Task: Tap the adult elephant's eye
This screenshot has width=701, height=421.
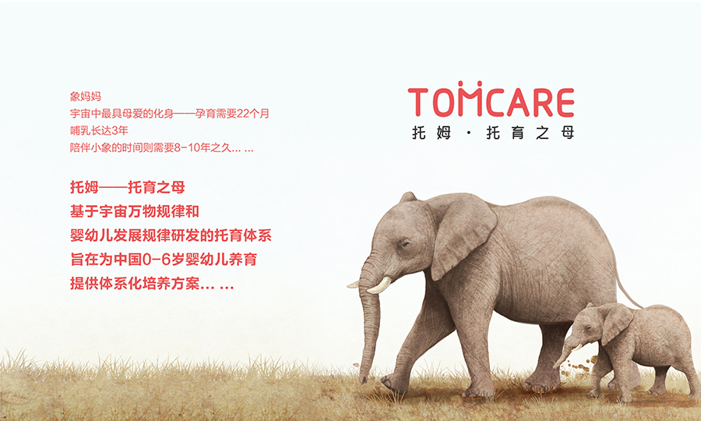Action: (x=405, y=244)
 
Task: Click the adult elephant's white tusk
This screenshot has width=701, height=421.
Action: (x=379, y=286)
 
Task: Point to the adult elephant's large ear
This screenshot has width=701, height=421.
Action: (x=463, y=235)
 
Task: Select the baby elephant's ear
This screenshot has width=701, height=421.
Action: (x=616, y=323)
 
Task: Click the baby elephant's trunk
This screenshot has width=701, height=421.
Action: (x=564, y=352)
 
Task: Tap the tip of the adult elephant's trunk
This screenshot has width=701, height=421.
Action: (x=364, y=378)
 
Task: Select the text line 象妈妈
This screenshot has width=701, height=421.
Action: (x=86, y=96)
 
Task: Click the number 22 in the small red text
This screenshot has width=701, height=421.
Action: (x=243, y=114)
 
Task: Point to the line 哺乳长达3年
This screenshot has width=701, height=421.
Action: (x=99, y=131)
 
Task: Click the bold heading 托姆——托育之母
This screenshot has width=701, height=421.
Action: (x=128, y=187)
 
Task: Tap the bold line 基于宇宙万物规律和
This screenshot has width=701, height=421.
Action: (x=135, y=211)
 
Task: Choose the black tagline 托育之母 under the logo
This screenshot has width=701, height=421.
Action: (x=530, y=133)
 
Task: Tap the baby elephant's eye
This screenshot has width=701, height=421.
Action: (x=588, y=328)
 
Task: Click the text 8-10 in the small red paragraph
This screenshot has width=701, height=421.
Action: (x=186, y=147)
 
